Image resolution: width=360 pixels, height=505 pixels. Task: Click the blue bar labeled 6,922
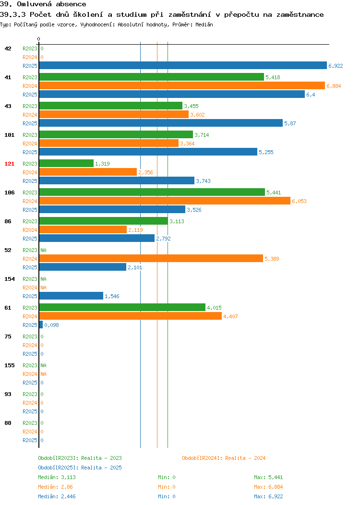[183, 65]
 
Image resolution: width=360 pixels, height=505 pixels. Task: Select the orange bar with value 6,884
[182, 85]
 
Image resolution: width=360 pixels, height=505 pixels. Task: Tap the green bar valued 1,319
[66, 163]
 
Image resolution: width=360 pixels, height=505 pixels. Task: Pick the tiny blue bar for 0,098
[41, 325]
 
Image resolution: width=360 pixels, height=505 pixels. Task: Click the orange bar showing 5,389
[151, 258]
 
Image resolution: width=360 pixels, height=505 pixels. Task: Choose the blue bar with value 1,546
[71, 296]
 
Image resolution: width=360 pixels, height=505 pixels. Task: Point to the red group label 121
[9, 164]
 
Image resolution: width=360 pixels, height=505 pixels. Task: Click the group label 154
[9, 279]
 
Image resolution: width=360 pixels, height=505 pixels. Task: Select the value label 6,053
[299, 201]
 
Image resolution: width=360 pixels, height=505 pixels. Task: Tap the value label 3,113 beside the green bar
[177, 222]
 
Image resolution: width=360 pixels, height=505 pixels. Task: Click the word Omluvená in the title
[34, 4]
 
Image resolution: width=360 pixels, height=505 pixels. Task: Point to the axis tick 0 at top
[39, 39]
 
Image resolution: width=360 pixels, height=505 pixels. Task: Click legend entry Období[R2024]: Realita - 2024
[224, 458]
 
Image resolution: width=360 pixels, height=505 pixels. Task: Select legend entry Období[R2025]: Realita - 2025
[80, 468]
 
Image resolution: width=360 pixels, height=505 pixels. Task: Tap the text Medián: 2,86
[55, 487]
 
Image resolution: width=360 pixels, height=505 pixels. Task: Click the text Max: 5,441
[268, 477]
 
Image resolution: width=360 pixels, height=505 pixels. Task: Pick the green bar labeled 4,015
[122, 307]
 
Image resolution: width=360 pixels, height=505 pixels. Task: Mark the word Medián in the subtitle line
[204, 24]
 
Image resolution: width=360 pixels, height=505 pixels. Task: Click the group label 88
[8, 423]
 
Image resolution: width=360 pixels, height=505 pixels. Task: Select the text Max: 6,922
[268, 497]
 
